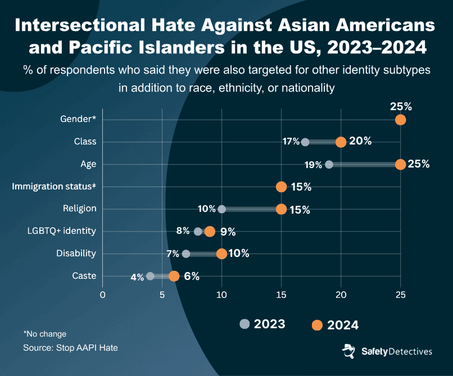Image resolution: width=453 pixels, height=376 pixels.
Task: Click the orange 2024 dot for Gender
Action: (x=400, y=119)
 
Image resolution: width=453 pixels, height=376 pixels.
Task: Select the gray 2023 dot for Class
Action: (x=305, y=142)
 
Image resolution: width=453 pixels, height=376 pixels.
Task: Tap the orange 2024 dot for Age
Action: (x=400, y=164)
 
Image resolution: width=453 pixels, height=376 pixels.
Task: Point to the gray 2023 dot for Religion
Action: (x=221, y=209)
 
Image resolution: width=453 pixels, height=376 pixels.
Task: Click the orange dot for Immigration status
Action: (x=281, y=187)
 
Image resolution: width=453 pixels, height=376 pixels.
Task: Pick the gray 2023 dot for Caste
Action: (x=150, y=276)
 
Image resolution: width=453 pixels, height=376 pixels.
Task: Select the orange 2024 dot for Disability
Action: (x=221, y=253)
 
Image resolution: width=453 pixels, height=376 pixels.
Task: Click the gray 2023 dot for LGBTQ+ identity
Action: (x=198, y=232)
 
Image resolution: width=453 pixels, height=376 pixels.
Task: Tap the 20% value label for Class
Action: (x=360, y=141)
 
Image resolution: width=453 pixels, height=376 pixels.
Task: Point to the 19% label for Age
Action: (x=314, y=165)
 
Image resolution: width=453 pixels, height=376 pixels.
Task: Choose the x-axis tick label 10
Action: (x=221, y=294)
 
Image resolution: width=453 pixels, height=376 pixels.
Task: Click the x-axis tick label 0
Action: (x=102, y=294)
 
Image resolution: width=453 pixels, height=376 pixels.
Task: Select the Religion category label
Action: (x=79, y=209)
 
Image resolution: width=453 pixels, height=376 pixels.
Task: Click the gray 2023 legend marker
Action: (x=244, y=324)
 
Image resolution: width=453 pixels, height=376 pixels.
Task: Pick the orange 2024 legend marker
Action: (x=317, y=325)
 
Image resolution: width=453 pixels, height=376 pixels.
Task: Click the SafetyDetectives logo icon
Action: (x=348, y=351)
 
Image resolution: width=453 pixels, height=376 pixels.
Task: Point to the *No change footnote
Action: (x=44, y=334)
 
